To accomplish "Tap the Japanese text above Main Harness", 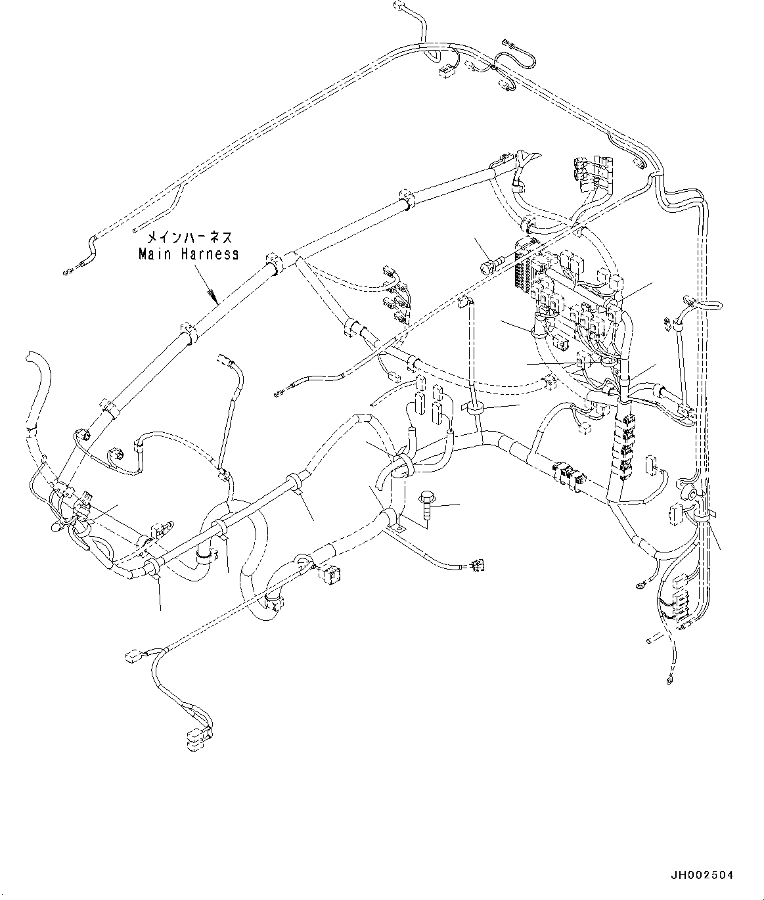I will [x=189, y=237].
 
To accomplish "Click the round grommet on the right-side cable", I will [x=688, y=493].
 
